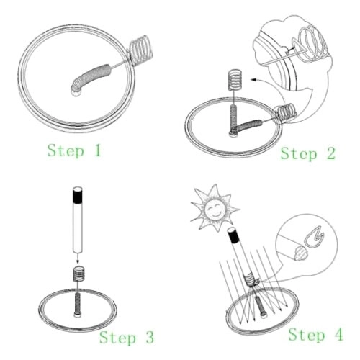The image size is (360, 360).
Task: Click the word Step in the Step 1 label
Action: coord(66,151)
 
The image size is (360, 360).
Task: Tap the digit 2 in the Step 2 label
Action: coord(331,153)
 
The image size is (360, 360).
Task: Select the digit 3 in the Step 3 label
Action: coord(149,337)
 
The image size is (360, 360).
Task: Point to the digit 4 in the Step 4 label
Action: coord(339,334)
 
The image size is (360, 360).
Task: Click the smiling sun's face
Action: coord(214,207)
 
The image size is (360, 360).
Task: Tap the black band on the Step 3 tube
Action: coord(78,196)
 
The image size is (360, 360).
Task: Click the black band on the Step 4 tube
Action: coord(234,236)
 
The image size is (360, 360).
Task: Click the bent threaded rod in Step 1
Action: coord(92,76)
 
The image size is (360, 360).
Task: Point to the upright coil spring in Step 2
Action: coord(235,80)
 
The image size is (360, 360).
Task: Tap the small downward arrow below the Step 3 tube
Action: coord(77,258)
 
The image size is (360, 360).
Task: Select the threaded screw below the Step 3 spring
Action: coord(77,305)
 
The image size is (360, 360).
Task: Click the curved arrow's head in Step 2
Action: coord(253,79)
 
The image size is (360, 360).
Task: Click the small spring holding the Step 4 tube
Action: coord(250,279)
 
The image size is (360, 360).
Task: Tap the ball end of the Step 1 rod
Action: coord(76,91)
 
